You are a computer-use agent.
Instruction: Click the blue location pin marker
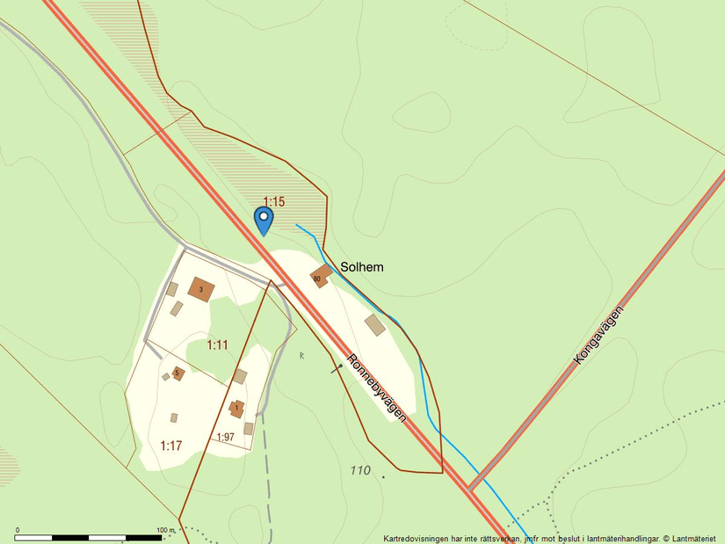263,218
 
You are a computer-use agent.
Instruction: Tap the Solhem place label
362,266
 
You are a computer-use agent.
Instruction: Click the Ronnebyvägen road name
377,388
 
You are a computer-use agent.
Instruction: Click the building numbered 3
201,289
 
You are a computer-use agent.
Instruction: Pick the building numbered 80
319,277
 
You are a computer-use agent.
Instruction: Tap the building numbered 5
178,374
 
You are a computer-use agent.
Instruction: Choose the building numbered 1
236,408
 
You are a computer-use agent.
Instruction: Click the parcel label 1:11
217,345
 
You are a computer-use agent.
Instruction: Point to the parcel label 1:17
170,446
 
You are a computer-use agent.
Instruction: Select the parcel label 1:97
225,437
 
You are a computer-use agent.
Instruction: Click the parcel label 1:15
274,202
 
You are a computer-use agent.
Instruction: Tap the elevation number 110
359,470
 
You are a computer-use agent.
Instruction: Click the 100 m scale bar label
166,530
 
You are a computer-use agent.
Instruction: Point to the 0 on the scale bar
18,530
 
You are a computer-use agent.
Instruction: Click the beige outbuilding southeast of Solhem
375,324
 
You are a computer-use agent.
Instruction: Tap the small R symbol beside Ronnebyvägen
301,355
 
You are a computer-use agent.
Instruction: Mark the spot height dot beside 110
383,476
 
